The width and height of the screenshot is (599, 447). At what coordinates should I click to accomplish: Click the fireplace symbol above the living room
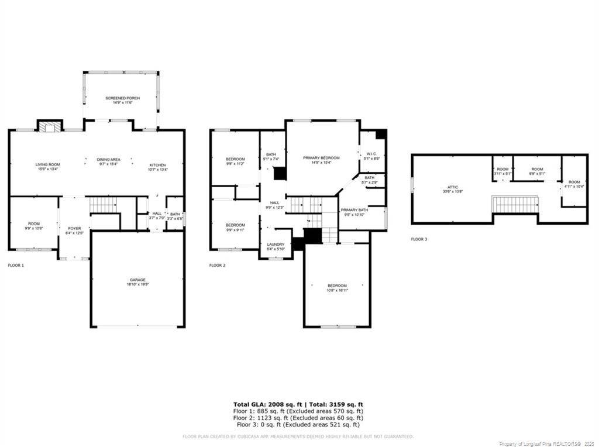tap(50, 126)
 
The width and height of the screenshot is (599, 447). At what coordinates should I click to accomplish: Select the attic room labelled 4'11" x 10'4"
tap(574, 184)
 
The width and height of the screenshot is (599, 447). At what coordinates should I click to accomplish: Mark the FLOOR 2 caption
tap(218, 265)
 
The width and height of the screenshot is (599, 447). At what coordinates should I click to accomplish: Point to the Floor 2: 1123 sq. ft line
tap(298, 418)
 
